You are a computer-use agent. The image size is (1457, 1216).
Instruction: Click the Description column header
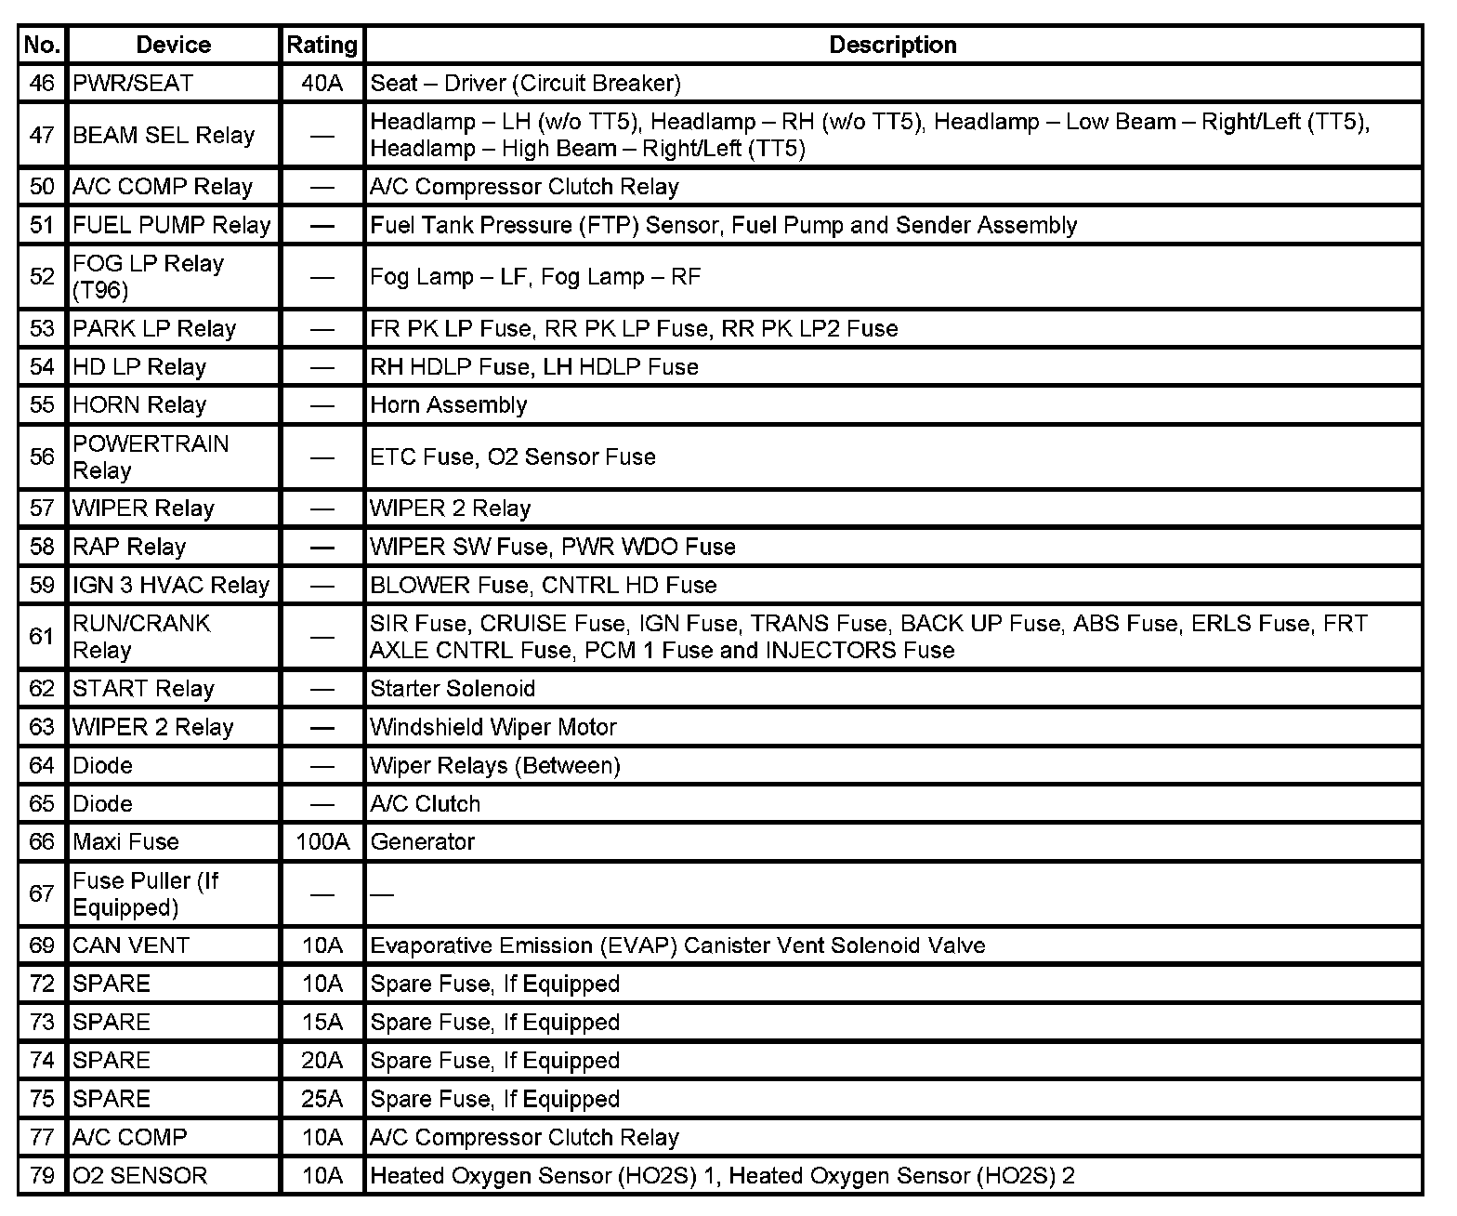click(x=892, y=45)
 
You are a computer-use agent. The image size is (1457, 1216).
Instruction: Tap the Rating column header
click(x=322, y=45)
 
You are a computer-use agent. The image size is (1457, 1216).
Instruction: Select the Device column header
click(x=173, y=45)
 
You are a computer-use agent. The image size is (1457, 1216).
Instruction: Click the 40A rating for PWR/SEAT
click(x=322, y=83)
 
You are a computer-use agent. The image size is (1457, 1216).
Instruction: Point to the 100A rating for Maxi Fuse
click(x=322, y=841)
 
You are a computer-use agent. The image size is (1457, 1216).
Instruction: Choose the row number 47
click(x=42, y=135)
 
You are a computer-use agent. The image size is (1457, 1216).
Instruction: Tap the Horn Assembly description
click(x=449, y=404)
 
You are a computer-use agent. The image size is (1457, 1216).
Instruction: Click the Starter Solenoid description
click(x=453, y=688)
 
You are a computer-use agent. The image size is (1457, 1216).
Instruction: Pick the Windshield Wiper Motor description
click(x=493, y=727)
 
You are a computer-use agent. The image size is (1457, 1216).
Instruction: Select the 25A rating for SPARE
click(x=322, y=1099)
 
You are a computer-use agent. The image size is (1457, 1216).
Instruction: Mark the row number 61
click(x=42, y=637)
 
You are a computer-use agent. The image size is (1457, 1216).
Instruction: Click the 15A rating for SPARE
click(x=322, y=1022)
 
